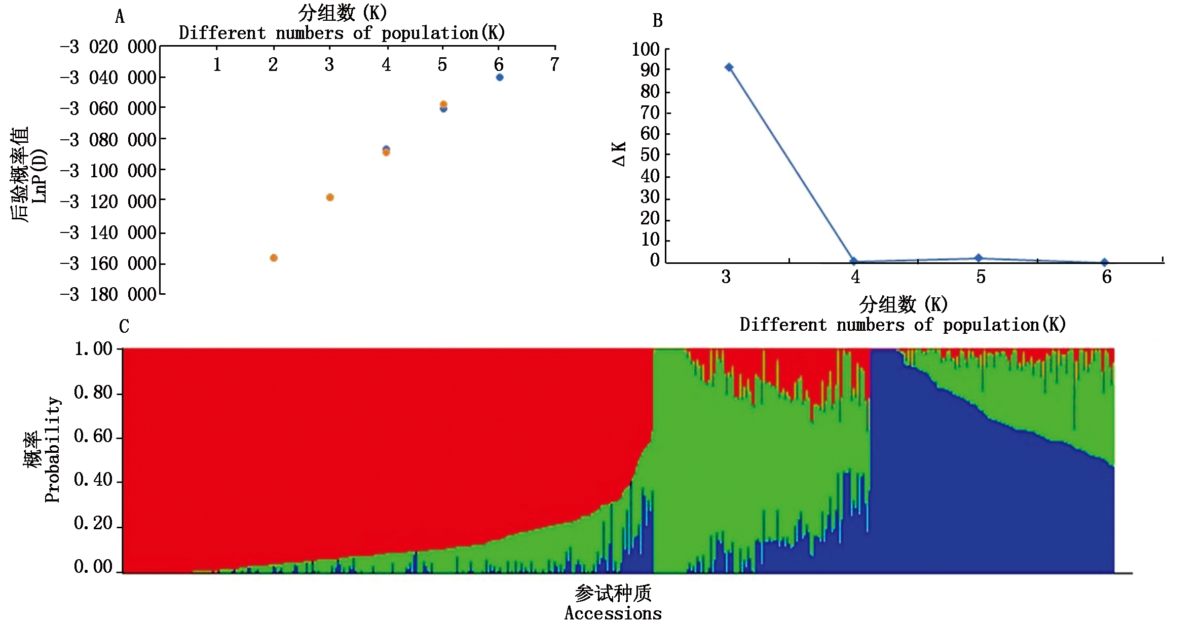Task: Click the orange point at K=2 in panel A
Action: click(x=274, y=258)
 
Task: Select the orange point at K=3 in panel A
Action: click(x=330, y=197)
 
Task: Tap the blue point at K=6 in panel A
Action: click(x=500, y=77)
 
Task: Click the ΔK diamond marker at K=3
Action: click(x=729, y=67)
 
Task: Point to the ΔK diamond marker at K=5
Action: click(x=979, y=258)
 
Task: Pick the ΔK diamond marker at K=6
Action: click(x=1105, y=262)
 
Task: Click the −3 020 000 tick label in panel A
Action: click(x=108, y=47)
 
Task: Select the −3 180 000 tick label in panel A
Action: click(x=108, y=294)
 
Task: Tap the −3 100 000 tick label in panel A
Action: click(x=108, y=171)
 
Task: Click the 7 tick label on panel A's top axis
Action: click(x=555, y=64)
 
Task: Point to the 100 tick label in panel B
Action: click(x=645, y=50)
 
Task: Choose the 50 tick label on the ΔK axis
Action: click(x=650, y=155)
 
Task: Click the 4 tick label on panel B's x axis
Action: click(x=855, y=277)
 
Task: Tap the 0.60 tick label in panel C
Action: click(x=93, y=436)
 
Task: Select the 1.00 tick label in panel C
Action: click(x=93, y=349)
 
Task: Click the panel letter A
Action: click(x=120, y=17)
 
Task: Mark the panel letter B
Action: click(x=657, y=21)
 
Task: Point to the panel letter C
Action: click(x=124, y=326)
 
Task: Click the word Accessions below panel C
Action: click(x=613, y=613)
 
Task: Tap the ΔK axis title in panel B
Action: click(x=619, y=154)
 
